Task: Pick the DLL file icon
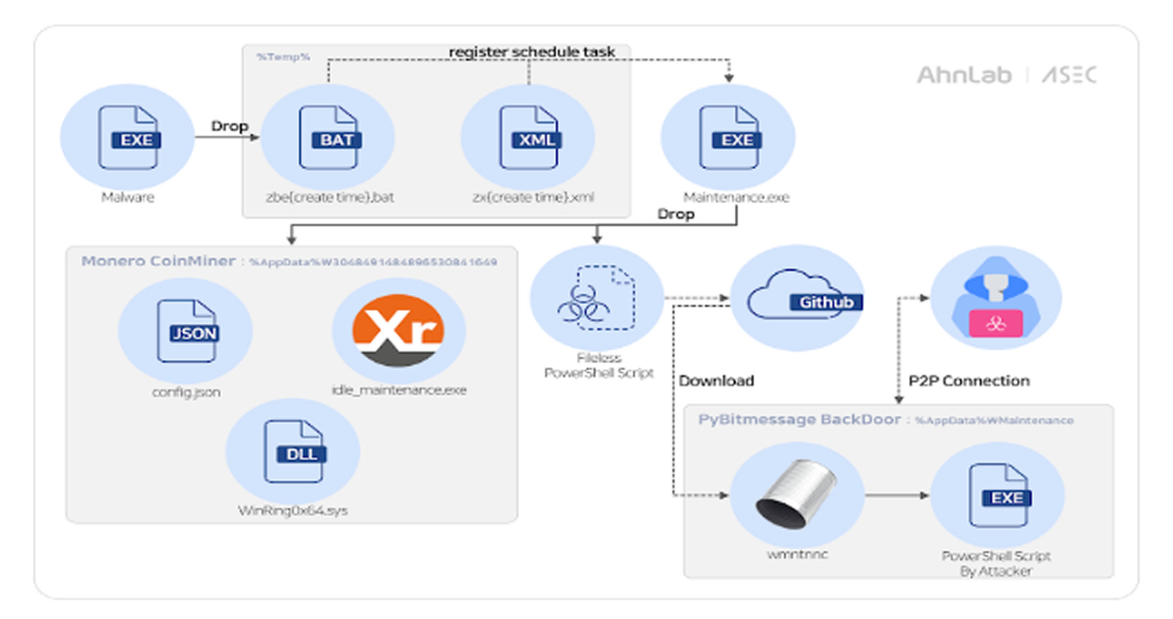coord(294,452)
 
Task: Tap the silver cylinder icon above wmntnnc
coord(796,494)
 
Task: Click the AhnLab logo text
coord(964,75)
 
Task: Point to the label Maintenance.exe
coord(736,198)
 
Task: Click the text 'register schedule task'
coord(532,52)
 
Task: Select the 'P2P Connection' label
coord(969,381)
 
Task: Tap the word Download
coord(716,381)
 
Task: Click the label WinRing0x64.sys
coord(293,511)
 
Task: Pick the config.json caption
coord(186,392)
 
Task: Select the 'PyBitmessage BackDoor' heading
coord(799,420)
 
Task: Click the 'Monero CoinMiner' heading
coord(158,261)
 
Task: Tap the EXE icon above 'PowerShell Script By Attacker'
coord(998,495)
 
